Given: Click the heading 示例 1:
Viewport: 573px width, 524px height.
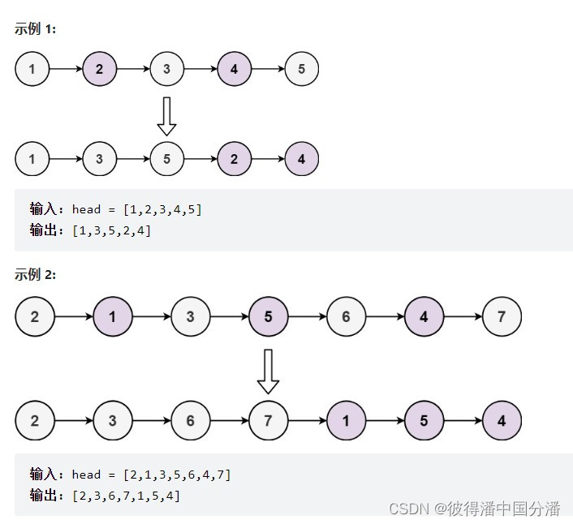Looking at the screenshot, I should pyautogui.click(x=35, y=29).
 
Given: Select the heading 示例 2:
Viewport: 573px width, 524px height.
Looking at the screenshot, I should pyautogui.click(x=35, y=274).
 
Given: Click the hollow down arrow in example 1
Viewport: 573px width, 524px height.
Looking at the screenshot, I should pyautogui.click(x=166, y=116).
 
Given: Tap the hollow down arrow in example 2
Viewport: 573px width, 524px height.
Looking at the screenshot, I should pyautogui.click(x=268, y=371).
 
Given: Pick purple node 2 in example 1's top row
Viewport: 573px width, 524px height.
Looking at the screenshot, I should pyautogui.click(x=100, y=69).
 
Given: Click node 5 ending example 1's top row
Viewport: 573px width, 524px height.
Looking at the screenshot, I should pyautogui.click(x=301, y=69).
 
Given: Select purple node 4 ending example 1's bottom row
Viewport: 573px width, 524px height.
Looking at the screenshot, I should pyautogui.click(x=301, y=159).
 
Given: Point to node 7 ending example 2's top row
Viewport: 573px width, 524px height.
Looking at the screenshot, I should pyautogui.click(x=501, y=316).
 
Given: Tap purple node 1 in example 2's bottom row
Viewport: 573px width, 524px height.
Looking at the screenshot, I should pyautogui.click(x=346, y=421).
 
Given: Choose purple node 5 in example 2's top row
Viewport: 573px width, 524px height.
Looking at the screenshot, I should pyautogui.click(x=268, y=316).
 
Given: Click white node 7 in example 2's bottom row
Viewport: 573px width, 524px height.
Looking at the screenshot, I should pyautogui.click(x=268, y=421).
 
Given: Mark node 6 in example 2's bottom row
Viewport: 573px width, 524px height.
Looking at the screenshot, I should pyautogui.click(x=190, y=421).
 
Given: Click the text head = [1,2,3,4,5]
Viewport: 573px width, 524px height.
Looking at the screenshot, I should pyautogui.click(x=136, y=209).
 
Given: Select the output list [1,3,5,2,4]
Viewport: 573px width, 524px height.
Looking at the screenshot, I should pyautogui.click(x=111, y=230).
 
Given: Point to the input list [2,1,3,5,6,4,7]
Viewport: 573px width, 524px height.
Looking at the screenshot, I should pyautogui.click(x=177, y=475).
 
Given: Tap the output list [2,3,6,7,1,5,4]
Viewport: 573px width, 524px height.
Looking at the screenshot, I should pyautogui.click(x=126, y=496).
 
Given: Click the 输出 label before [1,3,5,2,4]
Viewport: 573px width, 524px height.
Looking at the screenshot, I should pyautogui.click(x=45, y=230).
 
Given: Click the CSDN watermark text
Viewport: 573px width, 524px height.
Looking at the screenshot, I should pyautogui.click(x=474, y=509).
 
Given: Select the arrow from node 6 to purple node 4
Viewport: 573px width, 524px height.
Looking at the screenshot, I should pyautogui.click(x=385, y=316).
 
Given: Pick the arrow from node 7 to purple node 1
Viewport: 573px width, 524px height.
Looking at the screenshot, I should pyautogui.click(x=307, y=421).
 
